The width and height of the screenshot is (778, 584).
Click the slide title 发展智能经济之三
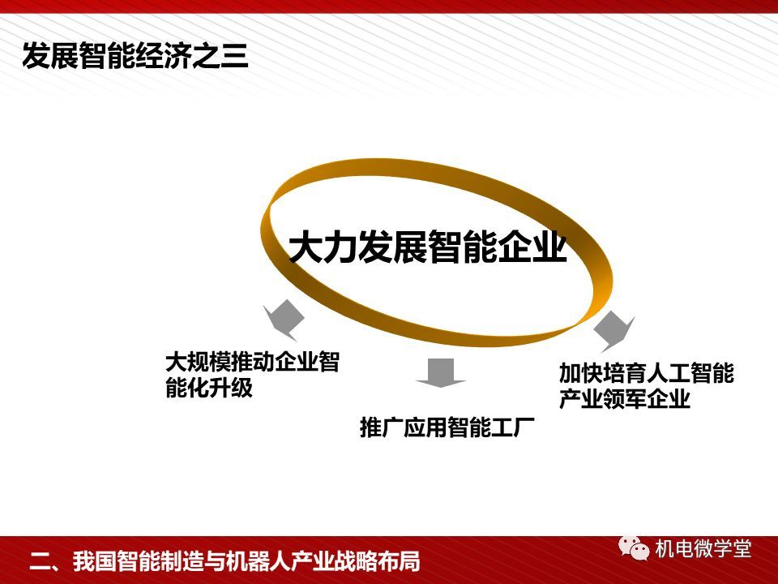pos(135,56)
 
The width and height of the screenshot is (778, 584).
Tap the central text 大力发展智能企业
pos(428,246)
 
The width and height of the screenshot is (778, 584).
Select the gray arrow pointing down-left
pos(284,320)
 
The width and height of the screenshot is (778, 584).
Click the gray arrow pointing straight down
pos(441,372)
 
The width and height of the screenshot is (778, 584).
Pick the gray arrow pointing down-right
pos(614,331)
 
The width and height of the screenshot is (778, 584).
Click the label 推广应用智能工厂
pos(447,427)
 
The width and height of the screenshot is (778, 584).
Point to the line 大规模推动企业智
pos(253,362)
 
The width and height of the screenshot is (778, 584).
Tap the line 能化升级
pos(209,387)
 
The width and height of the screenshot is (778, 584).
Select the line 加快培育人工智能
pos(647,373)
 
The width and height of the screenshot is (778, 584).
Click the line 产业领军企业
pos(625,398)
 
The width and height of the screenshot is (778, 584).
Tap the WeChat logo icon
pos(634,547)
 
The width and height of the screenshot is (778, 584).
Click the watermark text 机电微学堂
pos(703,549)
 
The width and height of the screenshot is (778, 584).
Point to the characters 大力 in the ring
pos(323,246)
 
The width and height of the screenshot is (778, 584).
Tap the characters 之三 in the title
pos(220,56)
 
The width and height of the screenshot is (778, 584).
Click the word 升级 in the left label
pos(231,387)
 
